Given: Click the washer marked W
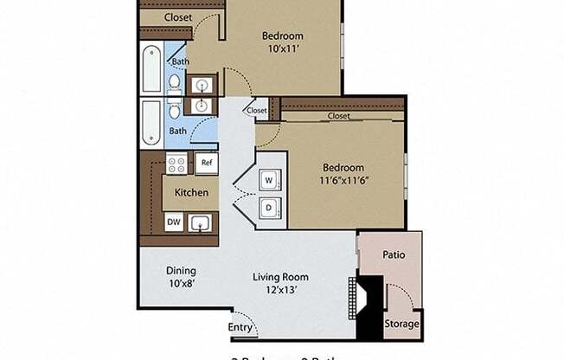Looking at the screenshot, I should [268, 180].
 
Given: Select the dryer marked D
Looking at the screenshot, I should [268, 208].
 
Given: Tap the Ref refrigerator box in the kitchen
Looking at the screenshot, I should [207, 163].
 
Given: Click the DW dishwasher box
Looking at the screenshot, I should [174, 222].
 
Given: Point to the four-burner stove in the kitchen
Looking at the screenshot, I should [176, 163].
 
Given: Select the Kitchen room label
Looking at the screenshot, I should [190, 192].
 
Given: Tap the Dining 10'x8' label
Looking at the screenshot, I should [181, 276].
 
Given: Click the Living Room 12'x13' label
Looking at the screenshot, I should [280, 283].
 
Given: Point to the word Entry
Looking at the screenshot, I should [241, 327].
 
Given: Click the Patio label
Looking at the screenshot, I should [394, 255].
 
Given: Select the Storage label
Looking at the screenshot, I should [402, 325].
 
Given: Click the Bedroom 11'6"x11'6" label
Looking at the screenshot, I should [343, 174].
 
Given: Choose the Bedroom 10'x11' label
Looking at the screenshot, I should [283, 42].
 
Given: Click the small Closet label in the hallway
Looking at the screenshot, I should [257, 111].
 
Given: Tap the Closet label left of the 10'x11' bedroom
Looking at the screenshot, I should [178, 16].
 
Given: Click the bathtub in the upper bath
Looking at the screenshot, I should [152, 68].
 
